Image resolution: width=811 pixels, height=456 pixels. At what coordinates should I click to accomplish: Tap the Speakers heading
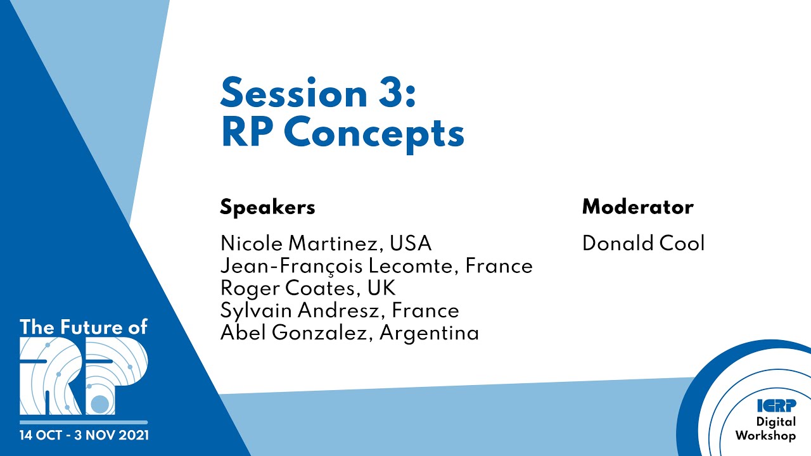267,207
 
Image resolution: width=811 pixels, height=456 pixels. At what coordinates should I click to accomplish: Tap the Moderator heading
637,207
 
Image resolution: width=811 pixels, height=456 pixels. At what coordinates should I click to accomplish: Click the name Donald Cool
643,244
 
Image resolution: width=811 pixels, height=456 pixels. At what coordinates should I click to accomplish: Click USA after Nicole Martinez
411,244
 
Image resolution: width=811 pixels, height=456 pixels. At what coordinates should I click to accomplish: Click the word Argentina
429,332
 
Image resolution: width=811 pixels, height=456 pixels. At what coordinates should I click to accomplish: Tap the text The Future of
83,327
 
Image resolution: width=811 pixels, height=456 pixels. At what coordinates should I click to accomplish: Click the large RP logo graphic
83,376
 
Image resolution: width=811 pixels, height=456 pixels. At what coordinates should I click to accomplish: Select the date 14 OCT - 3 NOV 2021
84,436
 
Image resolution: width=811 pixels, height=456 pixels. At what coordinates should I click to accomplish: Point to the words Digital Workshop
765,429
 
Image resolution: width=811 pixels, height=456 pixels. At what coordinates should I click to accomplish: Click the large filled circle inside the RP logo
99,403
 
